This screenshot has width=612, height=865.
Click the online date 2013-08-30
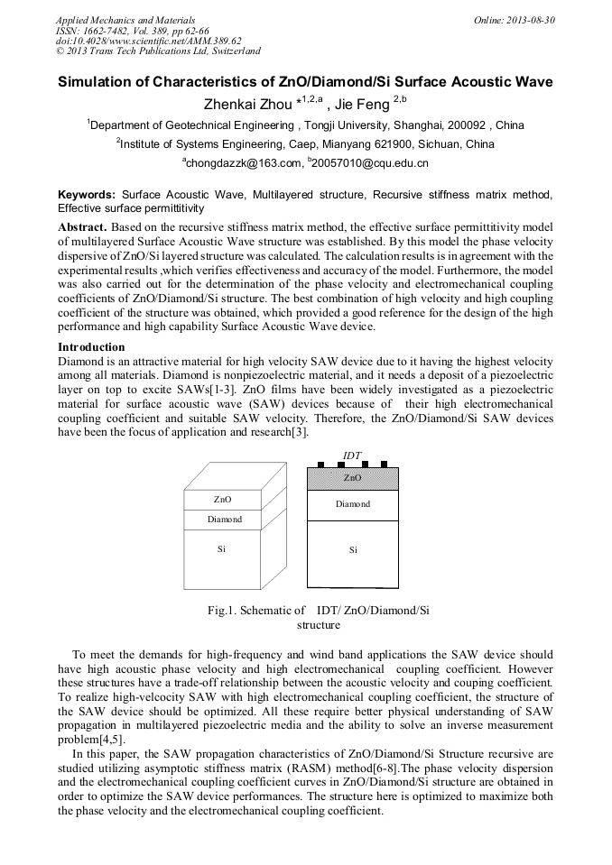click(530, 19)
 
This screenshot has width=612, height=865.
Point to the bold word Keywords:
click(87, 195)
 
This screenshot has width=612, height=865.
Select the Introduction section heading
click(91, 347)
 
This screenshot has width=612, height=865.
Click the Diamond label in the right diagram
click(353, 504)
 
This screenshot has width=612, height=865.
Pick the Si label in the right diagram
click(353, 550)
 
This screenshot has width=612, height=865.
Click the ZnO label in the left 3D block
click(222, 499)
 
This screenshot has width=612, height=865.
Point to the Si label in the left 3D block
click(221, 548)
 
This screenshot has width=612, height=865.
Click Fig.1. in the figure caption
click(224, 611)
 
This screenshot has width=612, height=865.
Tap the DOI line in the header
click(148, 41)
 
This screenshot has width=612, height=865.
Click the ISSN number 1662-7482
click(113, 30)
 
